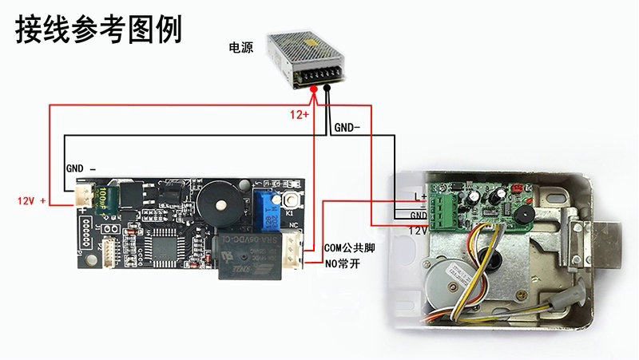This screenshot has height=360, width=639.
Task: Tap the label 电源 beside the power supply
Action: pos(240,48)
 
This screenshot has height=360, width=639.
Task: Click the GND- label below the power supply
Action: pos(347,127)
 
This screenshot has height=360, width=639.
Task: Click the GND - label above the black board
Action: pos(80,169)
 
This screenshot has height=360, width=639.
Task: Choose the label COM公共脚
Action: pos(350,248)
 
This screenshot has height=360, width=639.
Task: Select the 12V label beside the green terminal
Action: pos(418,230)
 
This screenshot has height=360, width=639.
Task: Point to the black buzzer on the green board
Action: pos(519,216)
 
